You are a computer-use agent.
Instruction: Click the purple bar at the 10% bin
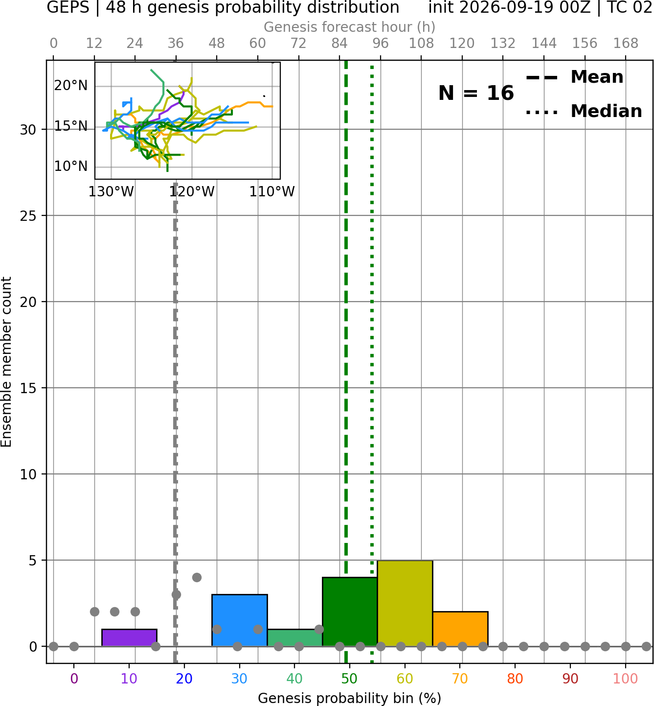tap(129, 638)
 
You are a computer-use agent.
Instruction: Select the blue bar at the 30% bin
tap(240, 620)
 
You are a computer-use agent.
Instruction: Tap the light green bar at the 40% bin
tap(295, 638)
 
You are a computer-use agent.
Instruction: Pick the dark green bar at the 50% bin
tap(350, 612)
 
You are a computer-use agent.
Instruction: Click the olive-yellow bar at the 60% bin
tap(405, 603)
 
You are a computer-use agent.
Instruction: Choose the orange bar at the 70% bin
tap(460, 629)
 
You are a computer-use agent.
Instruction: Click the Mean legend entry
tap(574, 77)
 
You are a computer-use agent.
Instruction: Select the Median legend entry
tap(584, 111)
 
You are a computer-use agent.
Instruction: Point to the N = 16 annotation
tap(476, 93)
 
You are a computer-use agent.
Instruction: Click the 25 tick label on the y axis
tap(28, 216)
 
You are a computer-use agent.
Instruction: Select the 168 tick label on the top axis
tap(626, 44)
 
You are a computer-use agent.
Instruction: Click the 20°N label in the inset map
tap(71, 86)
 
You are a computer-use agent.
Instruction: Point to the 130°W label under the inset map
tap(111, 192)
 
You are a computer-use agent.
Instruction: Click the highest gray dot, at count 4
tap(197, 578)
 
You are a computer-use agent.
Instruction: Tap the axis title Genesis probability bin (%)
tap(350, 699)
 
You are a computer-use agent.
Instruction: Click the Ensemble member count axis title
tap(6, 362)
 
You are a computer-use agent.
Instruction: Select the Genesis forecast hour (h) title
tap(350, 27)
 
